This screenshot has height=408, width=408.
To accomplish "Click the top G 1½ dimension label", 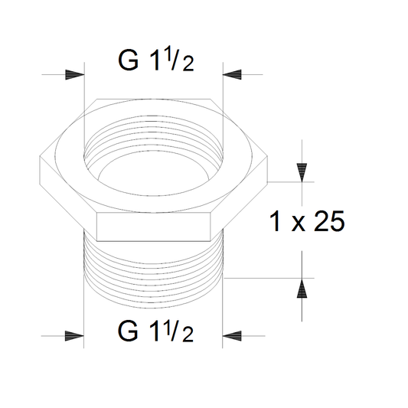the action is click(x=156, y=60).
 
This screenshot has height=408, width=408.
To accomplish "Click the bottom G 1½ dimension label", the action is click(x=155, y=331).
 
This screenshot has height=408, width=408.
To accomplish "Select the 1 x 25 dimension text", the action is click(x=307, y=221).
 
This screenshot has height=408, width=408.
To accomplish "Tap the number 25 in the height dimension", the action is click(x=329, y=221).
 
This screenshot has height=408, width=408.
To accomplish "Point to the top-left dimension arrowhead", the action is click(x=75, y=75).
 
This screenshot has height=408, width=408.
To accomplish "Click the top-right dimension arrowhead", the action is click(x=232, y=75).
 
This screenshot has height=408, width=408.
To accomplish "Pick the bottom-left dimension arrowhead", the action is click(x=74, y=336).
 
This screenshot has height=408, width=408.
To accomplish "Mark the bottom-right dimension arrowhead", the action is click(x=232, y=336).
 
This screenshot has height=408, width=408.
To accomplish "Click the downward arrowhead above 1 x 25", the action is click(x=302, y=172).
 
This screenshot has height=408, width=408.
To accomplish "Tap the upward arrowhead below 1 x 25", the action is click(x=302, y=288).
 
